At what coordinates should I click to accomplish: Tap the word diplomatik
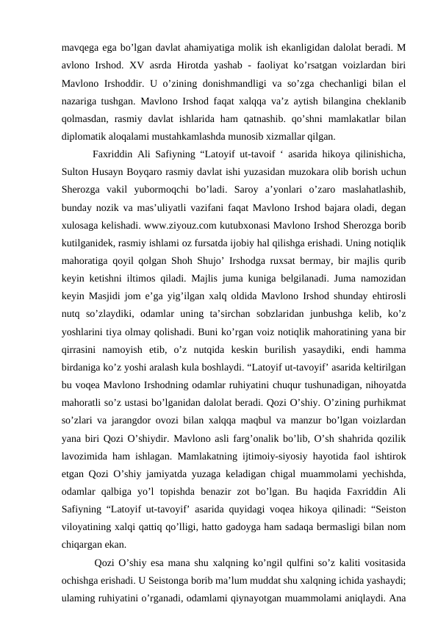[85, 136]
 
